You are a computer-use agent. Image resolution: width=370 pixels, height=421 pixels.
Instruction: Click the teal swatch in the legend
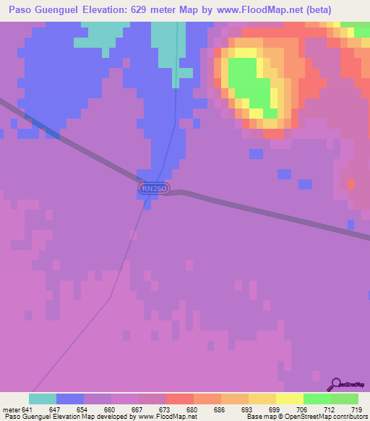42,399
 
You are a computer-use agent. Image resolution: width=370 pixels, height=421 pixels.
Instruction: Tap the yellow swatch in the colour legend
289,399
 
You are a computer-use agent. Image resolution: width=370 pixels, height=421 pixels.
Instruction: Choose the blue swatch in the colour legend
69,399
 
